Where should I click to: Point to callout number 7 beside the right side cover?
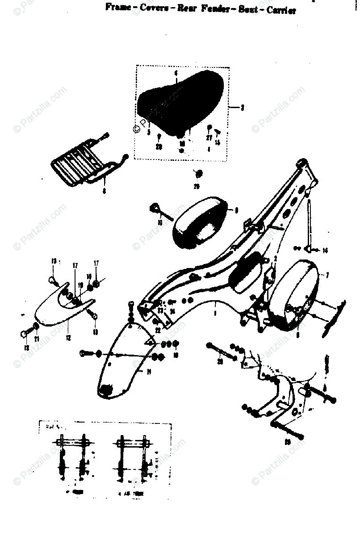(x=327, y=276)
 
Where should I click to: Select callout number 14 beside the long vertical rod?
(x=325, y=251)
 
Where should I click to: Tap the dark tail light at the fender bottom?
(x=106, y=390)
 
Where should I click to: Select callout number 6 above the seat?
(x=176, y=72)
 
